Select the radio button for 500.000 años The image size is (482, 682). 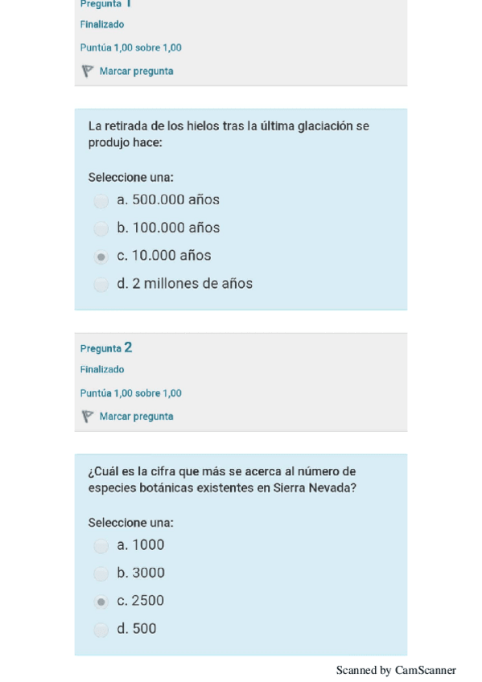pyautogui.click(x=101, y=201)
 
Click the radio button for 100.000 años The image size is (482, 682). pyautogui.click(x=101, y=229)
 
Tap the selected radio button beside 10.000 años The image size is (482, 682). pyautogui.click(x=101, y=257)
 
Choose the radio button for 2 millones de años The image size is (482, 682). pyautogui.click(x=101, y=285)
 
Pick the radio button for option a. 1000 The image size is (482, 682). pyautogui.click(x=101, y=546)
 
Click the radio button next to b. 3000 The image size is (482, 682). pyautogui.click(x=101, y=574)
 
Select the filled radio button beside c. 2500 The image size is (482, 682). pyautogui.click(x=101, y=602)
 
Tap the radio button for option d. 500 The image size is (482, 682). pyautogui.click(x=101, y=630)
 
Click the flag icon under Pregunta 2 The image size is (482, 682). pyautogui.click(x=87, y=417)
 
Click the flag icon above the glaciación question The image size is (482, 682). pyautogui.click(x=87, y=72)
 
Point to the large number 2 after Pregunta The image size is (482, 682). pyautogui.click(x=128, y=347)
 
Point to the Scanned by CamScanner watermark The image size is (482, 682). pyautogui.click(x=396, y=670)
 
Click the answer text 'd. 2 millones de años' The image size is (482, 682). pyautogui.click(x=184, y=284)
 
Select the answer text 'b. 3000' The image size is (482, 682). pyautogui.click(x=141, y=573)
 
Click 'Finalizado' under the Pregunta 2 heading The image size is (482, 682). pyautogui.click(x=102, y=370)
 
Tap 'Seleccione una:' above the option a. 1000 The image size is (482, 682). pyautogui.click(x=130, y=523)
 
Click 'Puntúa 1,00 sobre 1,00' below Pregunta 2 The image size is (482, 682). pyautogui.click(x=130, y=393)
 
